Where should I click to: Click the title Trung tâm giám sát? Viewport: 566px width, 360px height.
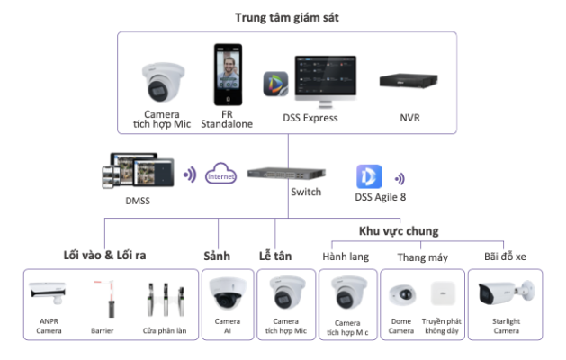[x=287, y=17]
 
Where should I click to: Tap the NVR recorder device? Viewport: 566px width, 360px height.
[x=409, y=80]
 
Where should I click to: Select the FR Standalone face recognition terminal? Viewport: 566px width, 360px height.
[x=228, y=75]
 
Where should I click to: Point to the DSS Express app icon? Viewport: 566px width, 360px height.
[x=275, y=84]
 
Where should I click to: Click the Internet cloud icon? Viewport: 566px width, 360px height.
[x=221, y=174]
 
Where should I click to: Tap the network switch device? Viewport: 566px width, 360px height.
[x=287, y=174]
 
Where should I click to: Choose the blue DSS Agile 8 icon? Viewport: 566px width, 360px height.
[x=369, y=176]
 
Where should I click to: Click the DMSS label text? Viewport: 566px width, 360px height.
[x=138, y=201]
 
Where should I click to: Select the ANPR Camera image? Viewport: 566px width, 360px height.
[x=48, y=292]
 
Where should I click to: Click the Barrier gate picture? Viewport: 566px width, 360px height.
[x=106, y=298]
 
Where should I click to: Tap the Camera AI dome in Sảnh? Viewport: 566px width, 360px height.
[x=228, y=292]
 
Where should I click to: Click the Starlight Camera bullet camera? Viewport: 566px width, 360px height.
[x=506, y=292]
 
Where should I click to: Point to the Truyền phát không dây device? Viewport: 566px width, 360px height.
[x=444, y=293]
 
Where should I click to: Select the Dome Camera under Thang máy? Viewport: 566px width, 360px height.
[x=401, y=294]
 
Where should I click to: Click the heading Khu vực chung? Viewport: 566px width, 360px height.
[x=399, y=231]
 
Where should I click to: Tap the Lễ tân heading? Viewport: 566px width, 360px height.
[x=275, y=256]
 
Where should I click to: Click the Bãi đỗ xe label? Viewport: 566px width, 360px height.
[x=505, y=256]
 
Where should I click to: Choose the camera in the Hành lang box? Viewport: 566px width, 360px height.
[x=349, y=292]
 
